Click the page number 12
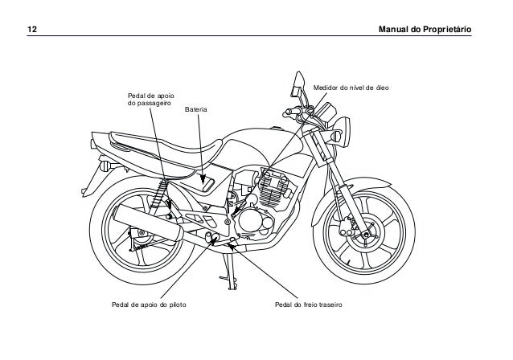click(34, 30)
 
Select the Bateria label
click(196, 108)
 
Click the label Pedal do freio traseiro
click(308, 306)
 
